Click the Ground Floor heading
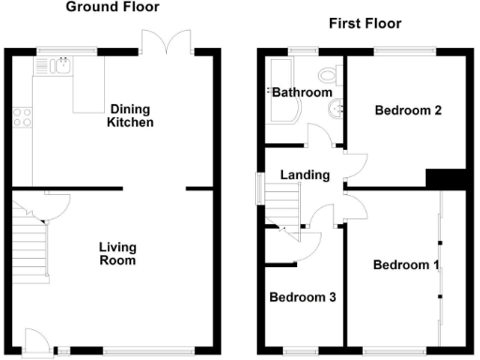pyautogui.click(x=112, y=7)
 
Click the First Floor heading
pyautogui.click(x=365, y=22)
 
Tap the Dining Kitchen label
pyautogui.click(x=129, y=114)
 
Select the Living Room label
pyautogui.click(x=118, y=253)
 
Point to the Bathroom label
pyautogui.click(x=302, y=92)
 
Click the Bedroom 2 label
pyautogui.click(x=408, y=111)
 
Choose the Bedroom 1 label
pyautogui.click(x=405, y=265)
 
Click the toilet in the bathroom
pyautogui.click(x=329, y=76)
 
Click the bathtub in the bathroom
pyautogui.click(x=278, y=91)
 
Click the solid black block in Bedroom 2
pyautogui.click(x=445, y=178)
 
